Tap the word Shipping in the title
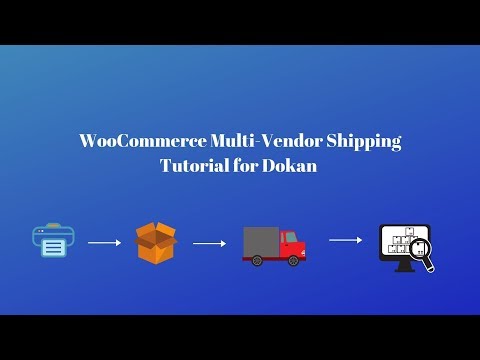pos(364,142)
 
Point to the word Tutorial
pos(199,166)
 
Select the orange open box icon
pos(156,243)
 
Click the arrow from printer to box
pos(104,242)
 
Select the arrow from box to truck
pos(208,242)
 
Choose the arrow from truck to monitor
pos(345,239)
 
